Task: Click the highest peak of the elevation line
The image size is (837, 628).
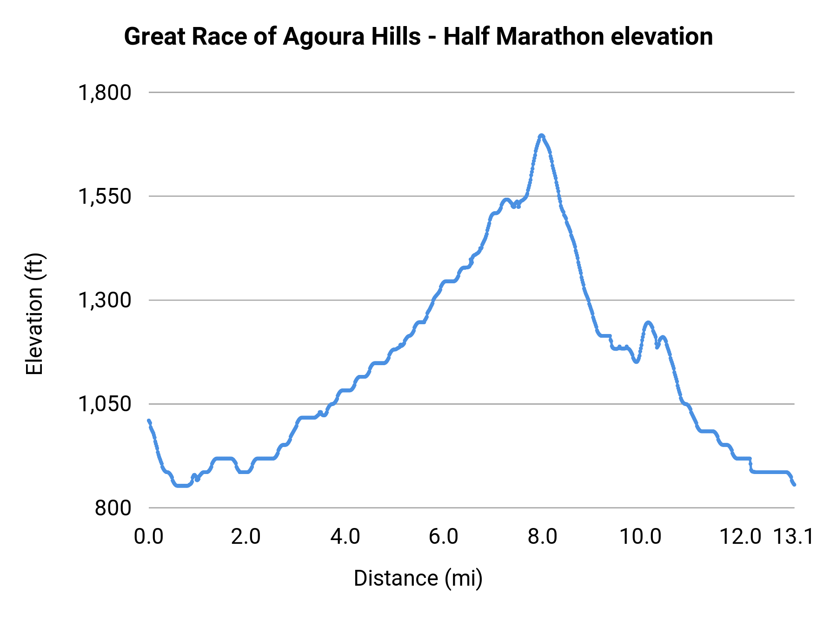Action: (x=541, y=135)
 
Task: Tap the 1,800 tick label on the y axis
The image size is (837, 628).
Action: (x=105, y=93)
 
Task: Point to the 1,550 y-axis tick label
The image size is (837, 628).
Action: (x=105, y=196)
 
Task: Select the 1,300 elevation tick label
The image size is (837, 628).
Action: (x=105, y=301)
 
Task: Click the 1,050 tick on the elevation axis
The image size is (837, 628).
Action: (x=105, y=404)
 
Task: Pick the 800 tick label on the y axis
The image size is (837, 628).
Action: (x=113, y=508)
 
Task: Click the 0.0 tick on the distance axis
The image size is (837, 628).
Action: (x=149, y=537)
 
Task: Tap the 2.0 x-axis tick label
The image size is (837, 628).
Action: (x=246, y=537)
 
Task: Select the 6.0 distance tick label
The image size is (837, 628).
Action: (x=443, y=537)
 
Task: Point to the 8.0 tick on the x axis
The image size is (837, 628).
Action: (x=542, y=537)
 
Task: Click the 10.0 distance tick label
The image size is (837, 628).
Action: (x=641, y=537)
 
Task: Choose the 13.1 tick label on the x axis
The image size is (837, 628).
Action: (x=793, y=537)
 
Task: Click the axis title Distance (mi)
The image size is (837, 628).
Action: (x=418, y=578)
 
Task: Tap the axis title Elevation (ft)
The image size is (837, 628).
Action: (x=34, y=314)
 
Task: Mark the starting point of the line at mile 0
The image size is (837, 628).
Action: (x=149, y=421)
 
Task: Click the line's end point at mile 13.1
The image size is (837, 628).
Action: (x=794, y=485)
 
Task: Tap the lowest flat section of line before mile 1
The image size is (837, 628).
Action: (x=182, y=486)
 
